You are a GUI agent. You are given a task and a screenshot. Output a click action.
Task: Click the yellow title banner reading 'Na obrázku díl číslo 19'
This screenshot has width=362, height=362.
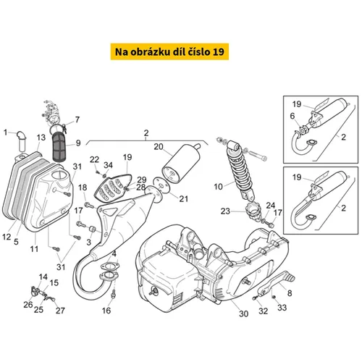pos(169,51)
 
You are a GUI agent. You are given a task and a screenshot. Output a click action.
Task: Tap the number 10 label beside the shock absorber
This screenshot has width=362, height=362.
pos(219,187)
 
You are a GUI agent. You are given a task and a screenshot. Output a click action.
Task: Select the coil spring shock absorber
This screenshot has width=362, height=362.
pos(239,170)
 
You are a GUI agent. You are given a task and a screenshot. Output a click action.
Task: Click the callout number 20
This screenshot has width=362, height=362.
pos(159,147)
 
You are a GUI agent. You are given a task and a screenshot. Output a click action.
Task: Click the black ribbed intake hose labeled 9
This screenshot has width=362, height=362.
pos(59,147)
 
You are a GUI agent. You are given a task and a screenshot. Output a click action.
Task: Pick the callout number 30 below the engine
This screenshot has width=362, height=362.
pos(244,313)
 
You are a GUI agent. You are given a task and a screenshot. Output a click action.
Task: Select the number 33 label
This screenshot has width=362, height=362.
pos(282,308)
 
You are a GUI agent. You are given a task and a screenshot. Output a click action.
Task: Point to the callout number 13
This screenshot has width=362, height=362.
pos(41,138)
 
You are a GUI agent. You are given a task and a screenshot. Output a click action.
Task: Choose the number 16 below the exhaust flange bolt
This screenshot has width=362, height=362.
pos(106,311)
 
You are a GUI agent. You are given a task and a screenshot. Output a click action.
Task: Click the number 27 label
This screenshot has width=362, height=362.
pos(60,311)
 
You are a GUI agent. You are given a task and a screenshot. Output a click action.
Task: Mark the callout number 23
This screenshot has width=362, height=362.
pos(225,211)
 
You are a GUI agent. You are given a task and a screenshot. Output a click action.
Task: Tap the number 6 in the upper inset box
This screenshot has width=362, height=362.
pos(292,116)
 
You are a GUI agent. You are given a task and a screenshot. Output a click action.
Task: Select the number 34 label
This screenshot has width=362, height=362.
pos(108,165)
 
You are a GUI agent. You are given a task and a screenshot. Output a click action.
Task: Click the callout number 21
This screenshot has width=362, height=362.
pos(184,199)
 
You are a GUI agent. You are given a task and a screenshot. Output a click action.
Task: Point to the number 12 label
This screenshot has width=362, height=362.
pos(7,237)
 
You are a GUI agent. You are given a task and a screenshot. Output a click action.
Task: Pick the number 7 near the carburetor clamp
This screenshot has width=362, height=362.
pos(77,119)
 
